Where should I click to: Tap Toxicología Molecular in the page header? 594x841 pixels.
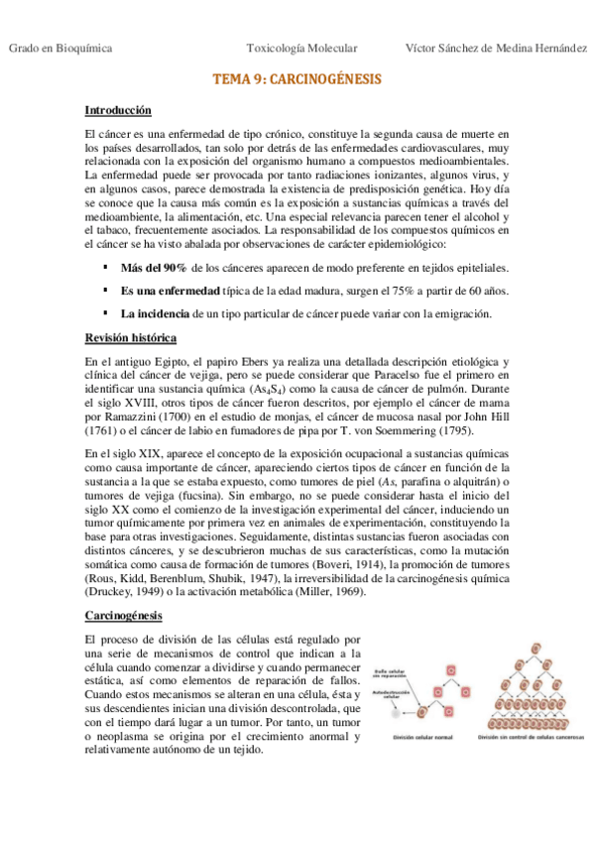tap(301, 48)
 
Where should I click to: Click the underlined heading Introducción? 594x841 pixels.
tap(118, 109)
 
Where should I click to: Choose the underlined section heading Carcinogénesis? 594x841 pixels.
tap(126, 616)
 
